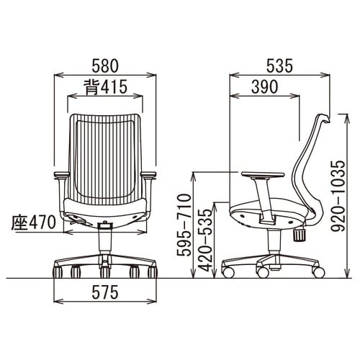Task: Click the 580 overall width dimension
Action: coord(105,66)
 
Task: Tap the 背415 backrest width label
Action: coord(105,87)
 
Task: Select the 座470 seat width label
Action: coord(34,222)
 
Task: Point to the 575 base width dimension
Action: coord(105,292)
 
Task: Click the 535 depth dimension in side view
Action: coord(279,66)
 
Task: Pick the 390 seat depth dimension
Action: coord(265,87)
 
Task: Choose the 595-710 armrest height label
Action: coord(184,225)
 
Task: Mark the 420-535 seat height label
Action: coord(204,240)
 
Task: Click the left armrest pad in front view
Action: coord(62,175)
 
